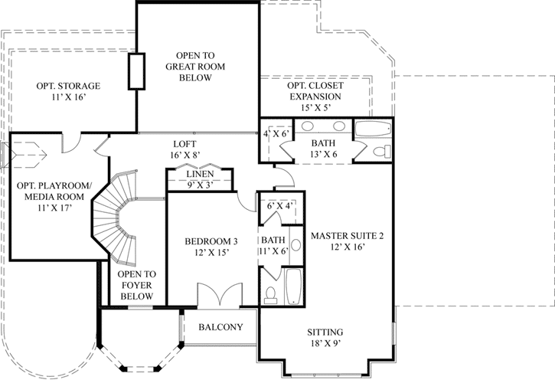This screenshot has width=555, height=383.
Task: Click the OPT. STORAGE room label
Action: coord(68,91)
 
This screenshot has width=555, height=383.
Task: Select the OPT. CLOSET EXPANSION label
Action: coord(315,97)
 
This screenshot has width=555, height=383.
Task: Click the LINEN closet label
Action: coord(200,178)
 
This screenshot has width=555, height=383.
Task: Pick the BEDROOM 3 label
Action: coord(207,247)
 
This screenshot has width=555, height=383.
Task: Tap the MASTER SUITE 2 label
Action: coord(347,241)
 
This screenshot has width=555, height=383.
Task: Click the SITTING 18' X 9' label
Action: coord(325,338)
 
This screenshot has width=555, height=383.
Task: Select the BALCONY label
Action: coord(220,327)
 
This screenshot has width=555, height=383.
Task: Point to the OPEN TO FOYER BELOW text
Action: coord(137,286)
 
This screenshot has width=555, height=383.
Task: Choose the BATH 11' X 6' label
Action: coord(273,244)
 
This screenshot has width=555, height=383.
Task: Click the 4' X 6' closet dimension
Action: coord(275,134)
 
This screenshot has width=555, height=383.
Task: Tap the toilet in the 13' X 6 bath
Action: coord(378,152)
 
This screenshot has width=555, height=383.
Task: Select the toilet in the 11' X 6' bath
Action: coord(269,293)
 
